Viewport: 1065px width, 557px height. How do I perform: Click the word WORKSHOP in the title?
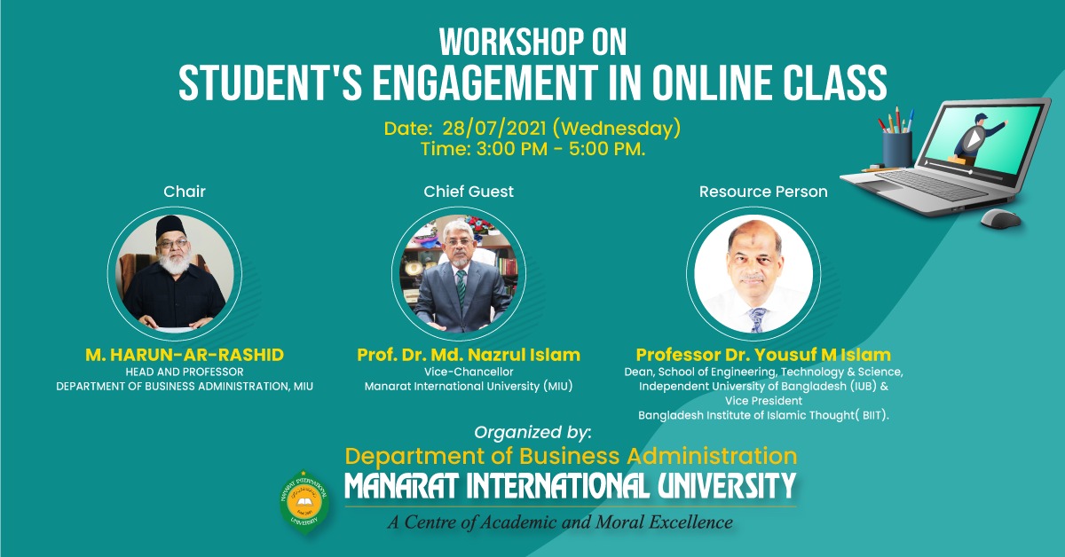[505, 43]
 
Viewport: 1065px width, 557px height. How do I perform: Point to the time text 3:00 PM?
[511, 149]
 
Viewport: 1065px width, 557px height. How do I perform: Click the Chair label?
[185, 192]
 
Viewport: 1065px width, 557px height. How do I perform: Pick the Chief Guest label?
[469, 192]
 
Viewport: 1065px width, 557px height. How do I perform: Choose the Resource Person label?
[763, 192]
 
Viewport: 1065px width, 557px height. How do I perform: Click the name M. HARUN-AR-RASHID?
[185, 355]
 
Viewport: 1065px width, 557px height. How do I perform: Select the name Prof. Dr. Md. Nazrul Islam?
[469, 355]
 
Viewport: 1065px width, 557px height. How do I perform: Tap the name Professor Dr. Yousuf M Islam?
[763, 355]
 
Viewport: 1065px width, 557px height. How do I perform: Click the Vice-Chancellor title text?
[469, 372]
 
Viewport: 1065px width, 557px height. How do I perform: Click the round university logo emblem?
[304, 501]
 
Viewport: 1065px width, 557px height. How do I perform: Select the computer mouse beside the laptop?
[1000, 219]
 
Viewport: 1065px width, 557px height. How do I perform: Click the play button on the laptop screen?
[974, 138]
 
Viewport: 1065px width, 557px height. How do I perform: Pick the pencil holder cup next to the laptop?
[897, 149]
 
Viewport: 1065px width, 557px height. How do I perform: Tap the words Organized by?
[532, 433]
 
